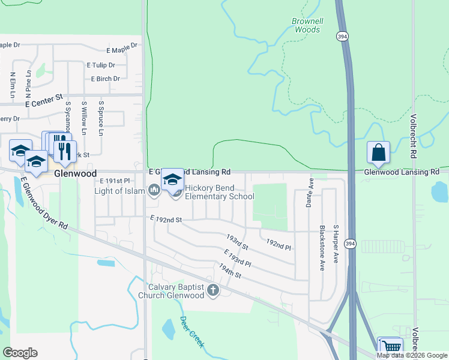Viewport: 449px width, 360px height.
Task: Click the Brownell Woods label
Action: coord(307,25)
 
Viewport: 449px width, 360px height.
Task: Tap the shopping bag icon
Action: coord(379,153)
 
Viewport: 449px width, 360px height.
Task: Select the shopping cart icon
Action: coord(391,347)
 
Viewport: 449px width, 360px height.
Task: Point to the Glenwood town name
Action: coord(75,173)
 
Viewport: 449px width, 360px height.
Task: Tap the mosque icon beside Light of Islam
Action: coord(154,191)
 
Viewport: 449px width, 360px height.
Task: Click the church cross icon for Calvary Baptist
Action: coord(212,291)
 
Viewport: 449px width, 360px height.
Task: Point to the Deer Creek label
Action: coord(192,332)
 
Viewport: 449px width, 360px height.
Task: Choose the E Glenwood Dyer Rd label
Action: coord(44,202)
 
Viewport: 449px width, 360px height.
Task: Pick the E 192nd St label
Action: coord(166,220)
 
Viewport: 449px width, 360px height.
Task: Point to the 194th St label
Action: coord(229,271)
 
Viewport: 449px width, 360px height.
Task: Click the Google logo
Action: coord(20,352)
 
